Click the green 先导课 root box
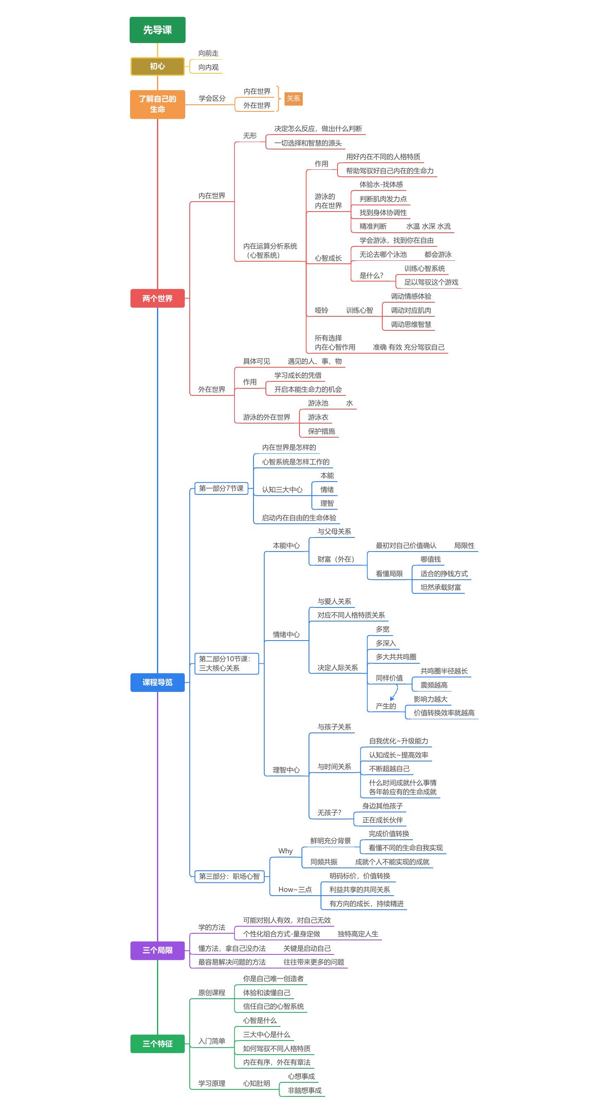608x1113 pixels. coord(157,30)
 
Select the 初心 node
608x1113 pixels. coord(157,66)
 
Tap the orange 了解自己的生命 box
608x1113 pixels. coord(157,104)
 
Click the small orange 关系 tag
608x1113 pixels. coord(293,99)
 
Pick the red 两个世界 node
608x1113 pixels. coord(157,298)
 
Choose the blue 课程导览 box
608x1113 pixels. coord(157,682)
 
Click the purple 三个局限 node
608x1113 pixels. coord(157,950)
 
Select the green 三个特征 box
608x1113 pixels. coord(157,1043)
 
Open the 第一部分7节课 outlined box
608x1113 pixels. coord(221,488)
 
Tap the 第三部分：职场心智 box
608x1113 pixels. coord(229,876)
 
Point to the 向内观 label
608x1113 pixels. coord(208,67)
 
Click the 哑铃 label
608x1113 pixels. coord(321,310)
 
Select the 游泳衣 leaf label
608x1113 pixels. coord(318,417)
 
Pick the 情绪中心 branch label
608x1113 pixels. coord(286,634)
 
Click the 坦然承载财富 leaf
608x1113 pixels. coord(440,587)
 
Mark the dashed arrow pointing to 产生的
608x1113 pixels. coord(395,692)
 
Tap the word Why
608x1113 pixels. coord(285,851)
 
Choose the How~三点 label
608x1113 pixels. coord(295,890)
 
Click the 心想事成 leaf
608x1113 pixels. coord(301,1076)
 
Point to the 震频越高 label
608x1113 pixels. coord(434,685)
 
